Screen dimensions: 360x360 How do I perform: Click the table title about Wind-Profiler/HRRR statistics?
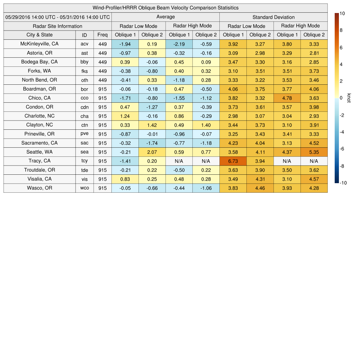[x=165, y=8]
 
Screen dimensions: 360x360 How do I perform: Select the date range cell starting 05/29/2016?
[x=58, y=17]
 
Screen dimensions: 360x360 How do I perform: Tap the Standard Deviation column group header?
[x=274, y=17]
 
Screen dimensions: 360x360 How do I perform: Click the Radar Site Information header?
[x=58, y=26]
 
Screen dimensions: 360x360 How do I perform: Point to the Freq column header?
[x=102, y=35]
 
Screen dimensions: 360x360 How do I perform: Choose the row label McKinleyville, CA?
[x=39, y=44]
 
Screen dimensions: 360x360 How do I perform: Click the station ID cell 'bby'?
[x=84, y=62]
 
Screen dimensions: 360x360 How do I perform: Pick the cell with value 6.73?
[x=233, y=161]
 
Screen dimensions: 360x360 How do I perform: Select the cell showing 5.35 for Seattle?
[x=314, y=152]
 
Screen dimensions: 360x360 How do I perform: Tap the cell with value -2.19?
[x=179, y=44]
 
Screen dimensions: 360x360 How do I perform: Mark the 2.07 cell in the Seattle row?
[x=152, y=152]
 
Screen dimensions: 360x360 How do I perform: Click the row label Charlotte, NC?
[x=39, y=116]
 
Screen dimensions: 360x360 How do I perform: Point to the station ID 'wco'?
[x=84, y=188]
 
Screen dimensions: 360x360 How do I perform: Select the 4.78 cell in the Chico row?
[x=287, y=98]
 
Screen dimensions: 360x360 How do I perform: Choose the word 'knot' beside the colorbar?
[x=349, y=98]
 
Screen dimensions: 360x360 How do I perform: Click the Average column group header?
[x=165, y=17]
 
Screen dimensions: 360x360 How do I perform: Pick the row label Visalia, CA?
[x=39, y=179]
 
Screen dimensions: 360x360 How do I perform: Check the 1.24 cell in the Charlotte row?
[x=125, y=116]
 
